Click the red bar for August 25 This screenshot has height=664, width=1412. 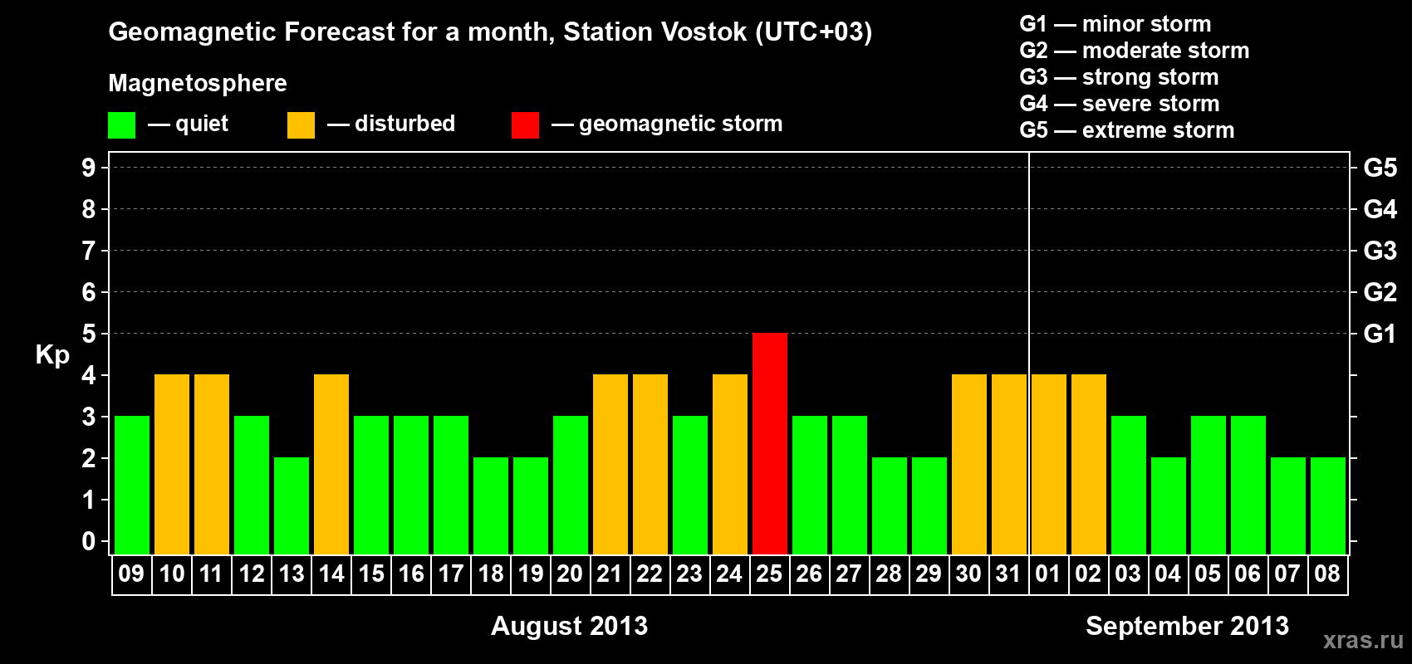[770, 443]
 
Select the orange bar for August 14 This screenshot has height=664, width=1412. [331, 464]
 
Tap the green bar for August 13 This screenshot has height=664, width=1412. [292, 505]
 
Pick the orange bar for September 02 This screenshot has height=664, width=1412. [1089, 464]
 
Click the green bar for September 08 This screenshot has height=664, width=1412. [1328, 505]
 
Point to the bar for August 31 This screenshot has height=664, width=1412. [1009, 464]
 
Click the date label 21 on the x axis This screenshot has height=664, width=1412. [610, 574]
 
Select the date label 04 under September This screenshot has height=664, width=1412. [1168, 574]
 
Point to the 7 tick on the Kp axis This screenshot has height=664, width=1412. [89, 251]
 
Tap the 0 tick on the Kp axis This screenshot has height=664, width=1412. [89, 542]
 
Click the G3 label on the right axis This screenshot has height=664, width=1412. [1380, 251]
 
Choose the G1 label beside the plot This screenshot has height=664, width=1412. [1380, 334]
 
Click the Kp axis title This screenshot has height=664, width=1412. [52, 355]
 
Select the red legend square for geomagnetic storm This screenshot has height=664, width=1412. [525, 124]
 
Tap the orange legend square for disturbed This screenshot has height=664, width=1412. [301, 124]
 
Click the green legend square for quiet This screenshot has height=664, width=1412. [121, 124]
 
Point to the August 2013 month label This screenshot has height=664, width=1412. [569, 626]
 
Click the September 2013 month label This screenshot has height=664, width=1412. [1187, 626]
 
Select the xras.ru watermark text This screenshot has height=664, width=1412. [1363, 641]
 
